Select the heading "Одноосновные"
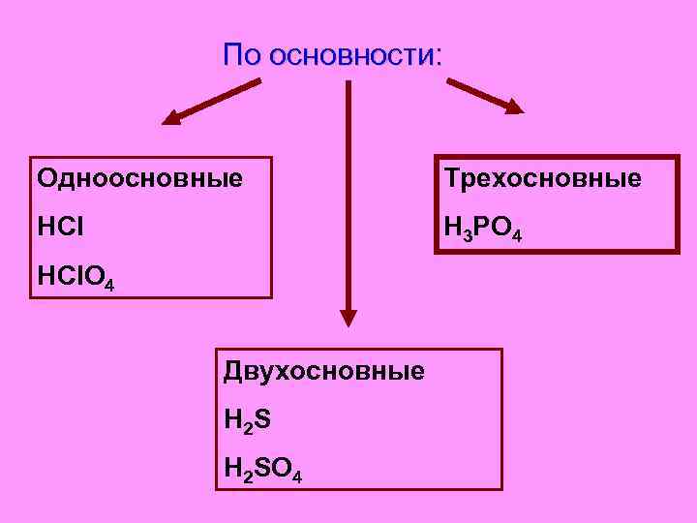click(139, 179)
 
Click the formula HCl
click(60, 229)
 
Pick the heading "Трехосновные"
click(542, 179)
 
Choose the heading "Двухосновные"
click(323, 371)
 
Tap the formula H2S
click(247, 420)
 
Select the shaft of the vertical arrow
click(348, 194)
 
